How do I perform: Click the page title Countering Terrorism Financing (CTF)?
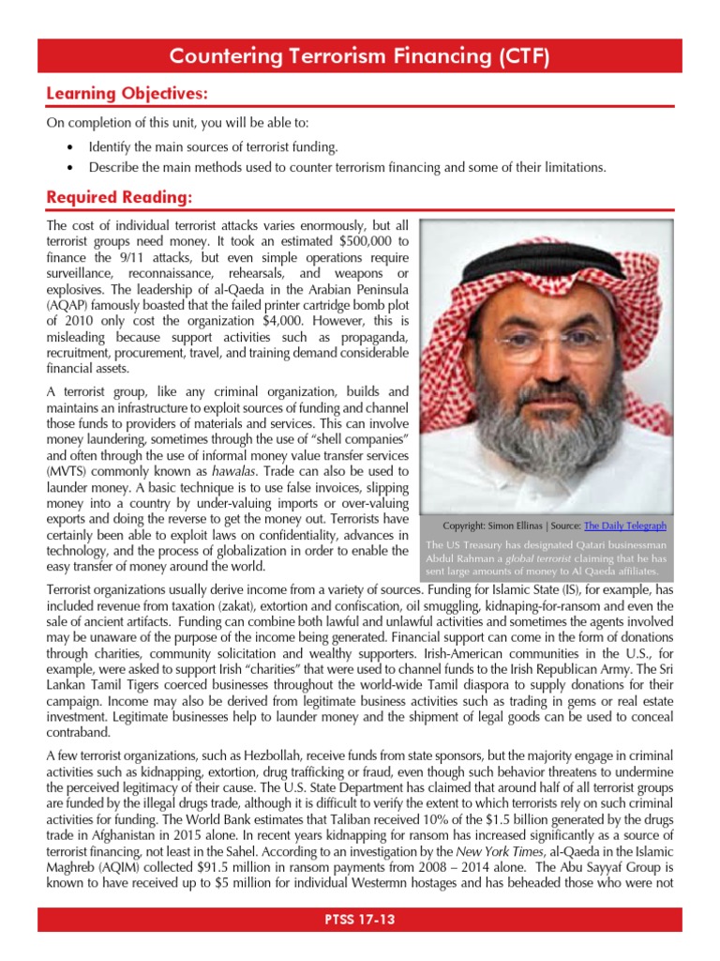pyautogui.click(x=359, y=57)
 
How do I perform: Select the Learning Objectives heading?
pyautogui.click(x=127, y=94)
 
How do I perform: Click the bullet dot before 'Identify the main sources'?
pyautogui.click(x=72, y=148)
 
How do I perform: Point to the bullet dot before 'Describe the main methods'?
pyautogui.click(x=72, y=168)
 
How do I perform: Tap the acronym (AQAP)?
pyautogui.click(x=69, y=304)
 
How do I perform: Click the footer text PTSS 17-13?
pyautogui.click(x=359, y=920)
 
